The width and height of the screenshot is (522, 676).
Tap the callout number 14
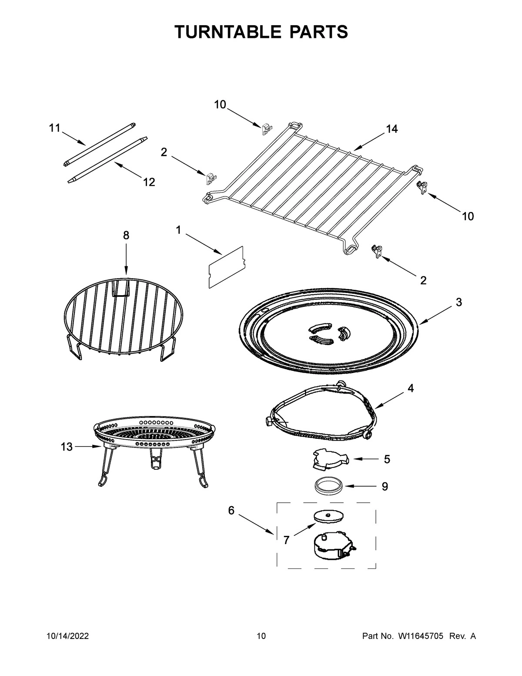tap(391, 129)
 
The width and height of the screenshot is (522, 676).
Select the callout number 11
tap(54, 128)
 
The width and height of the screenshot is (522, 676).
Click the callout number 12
tap(149, 182)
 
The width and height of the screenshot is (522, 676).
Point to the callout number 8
tap(126, 235)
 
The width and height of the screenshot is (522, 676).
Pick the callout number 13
tap(67, 447)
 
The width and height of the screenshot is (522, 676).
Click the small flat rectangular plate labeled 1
tap(226, 267)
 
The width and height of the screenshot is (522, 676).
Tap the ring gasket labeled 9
tap(328, 485)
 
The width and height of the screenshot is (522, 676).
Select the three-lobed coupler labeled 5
tap(330, 461)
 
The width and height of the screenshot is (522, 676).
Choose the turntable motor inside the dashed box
tap(333, 545)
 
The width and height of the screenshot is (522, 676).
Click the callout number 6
tap(231, 510)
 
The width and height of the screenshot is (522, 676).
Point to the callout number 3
tap(458, 302)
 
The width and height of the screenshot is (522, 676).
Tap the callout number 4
tap(411, 388)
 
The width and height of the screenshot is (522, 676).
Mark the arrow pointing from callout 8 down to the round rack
tap(126, 259)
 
